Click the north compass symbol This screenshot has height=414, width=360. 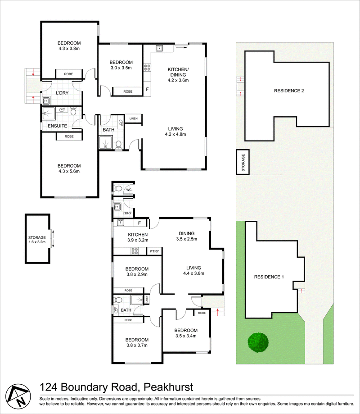(x=18, y=396)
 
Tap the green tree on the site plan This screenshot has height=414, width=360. (x=258, y=342)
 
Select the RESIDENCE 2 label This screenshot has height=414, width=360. (x=289, y=91)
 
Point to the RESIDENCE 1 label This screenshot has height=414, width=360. (x=269, y=277)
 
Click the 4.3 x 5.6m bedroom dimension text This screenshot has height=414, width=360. (x=69, y=171)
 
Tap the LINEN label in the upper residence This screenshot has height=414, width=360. (x=134, y=118)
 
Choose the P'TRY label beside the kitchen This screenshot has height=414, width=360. (x=154, y=251)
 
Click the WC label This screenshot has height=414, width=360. (x=129, y=190)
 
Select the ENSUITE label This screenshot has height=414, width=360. (x=57, y=126)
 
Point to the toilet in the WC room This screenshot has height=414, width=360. (x=117, y=189)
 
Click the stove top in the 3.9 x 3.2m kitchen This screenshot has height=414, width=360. (x=135, y=251)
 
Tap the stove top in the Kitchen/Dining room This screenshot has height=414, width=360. (x=147, y=68)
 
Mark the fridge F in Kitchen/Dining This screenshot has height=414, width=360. (x=147, y=89)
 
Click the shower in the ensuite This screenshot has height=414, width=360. (x=49, y=114)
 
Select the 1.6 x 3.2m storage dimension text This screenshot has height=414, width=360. (x=37, y=242)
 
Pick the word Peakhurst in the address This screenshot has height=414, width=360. (x=168, y=387)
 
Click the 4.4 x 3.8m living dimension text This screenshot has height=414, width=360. (x=193, y=273)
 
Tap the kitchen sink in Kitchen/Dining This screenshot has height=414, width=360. (x=159, y=48)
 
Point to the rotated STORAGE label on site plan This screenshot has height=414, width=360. (x=243, y=163)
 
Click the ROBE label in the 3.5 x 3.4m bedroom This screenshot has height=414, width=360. (x=202, y=313)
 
